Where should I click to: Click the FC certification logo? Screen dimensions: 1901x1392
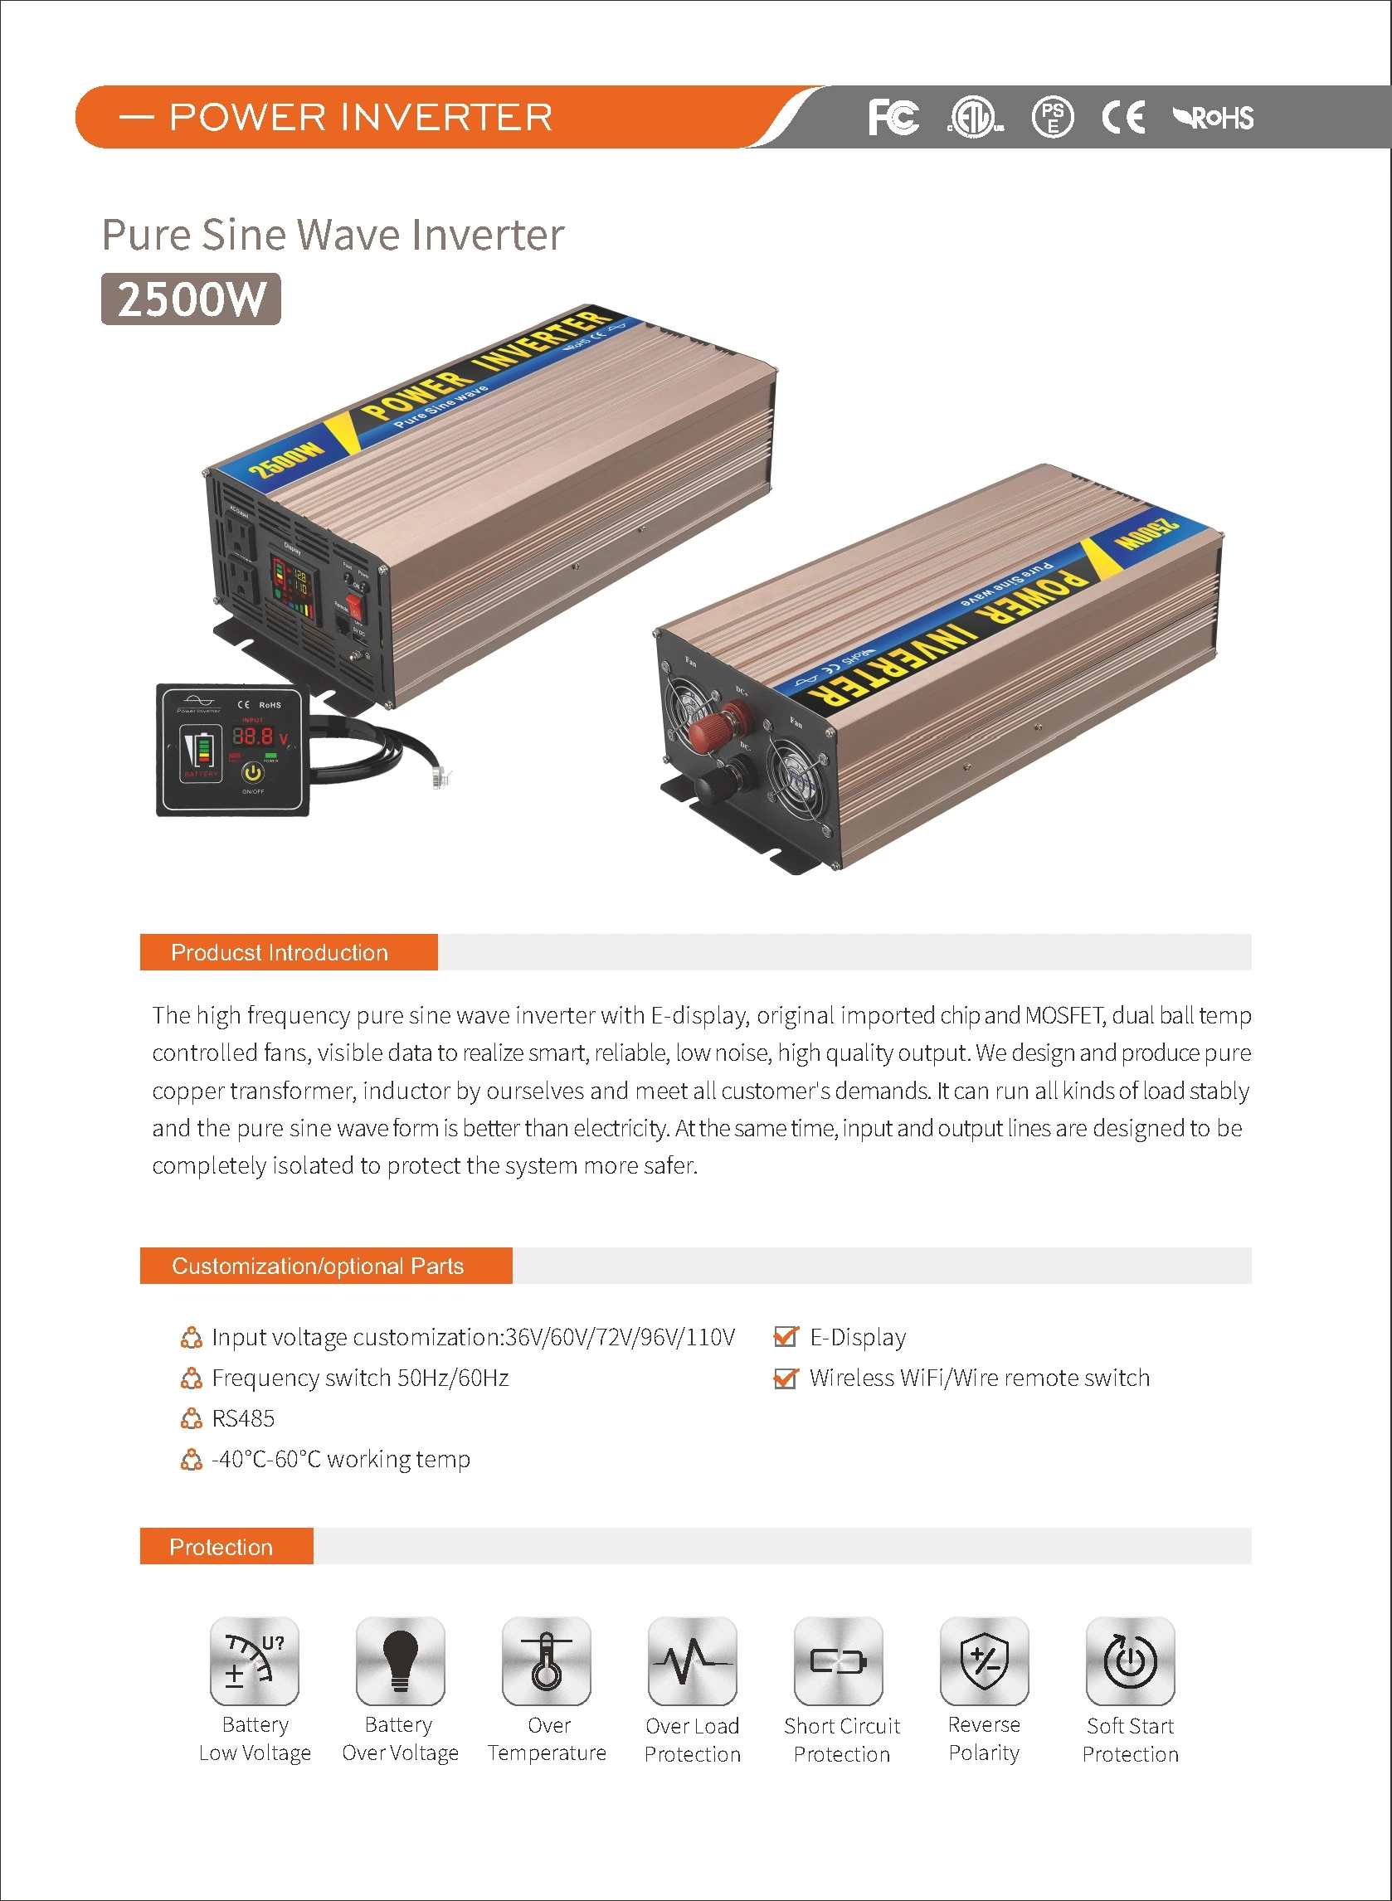tap(893, 117)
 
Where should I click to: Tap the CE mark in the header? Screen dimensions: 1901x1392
tap(1123, 117)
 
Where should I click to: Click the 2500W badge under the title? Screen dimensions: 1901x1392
tap(192, 299)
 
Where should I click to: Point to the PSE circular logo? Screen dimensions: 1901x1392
tap(1053, 117)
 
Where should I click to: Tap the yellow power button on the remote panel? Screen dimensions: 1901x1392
tap(253, 771)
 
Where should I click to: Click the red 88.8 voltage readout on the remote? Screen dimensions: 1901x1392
tap(254, 737)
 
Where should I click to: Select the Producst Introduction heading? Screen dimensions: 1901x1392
tap(280, 953)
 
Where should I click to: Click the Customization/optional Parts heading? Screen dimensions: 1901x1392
tap(318, 1266)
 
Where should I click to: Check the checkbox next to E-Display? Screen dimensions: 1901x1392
tap(786, 1337)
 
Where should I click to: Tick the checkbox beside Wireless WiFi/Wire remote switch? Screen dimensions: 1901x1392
tap(786, 1378)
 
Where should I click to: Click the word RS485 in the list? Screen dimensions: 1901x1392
tap(243, 1419)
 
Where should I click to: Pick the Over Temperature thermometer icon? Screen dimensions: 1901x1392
tap(546, 1661)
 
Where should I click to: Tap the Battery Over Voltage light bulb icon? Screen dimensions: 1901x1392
tap(400, 1661)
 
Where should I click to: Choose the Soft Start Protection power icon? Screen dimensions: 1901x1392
tap(1130, 1661)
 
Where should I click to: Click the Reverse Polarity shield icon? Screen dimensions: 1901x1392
tap(984, 1661)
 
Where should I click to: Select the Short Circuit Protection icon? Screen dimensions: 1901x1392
tap(839, 1661)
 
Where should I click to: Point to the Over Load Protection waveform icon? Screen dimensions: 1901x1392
tap(693, 1661)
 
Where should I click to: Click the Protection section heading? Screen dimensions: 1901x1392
tap(221, 1547)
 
